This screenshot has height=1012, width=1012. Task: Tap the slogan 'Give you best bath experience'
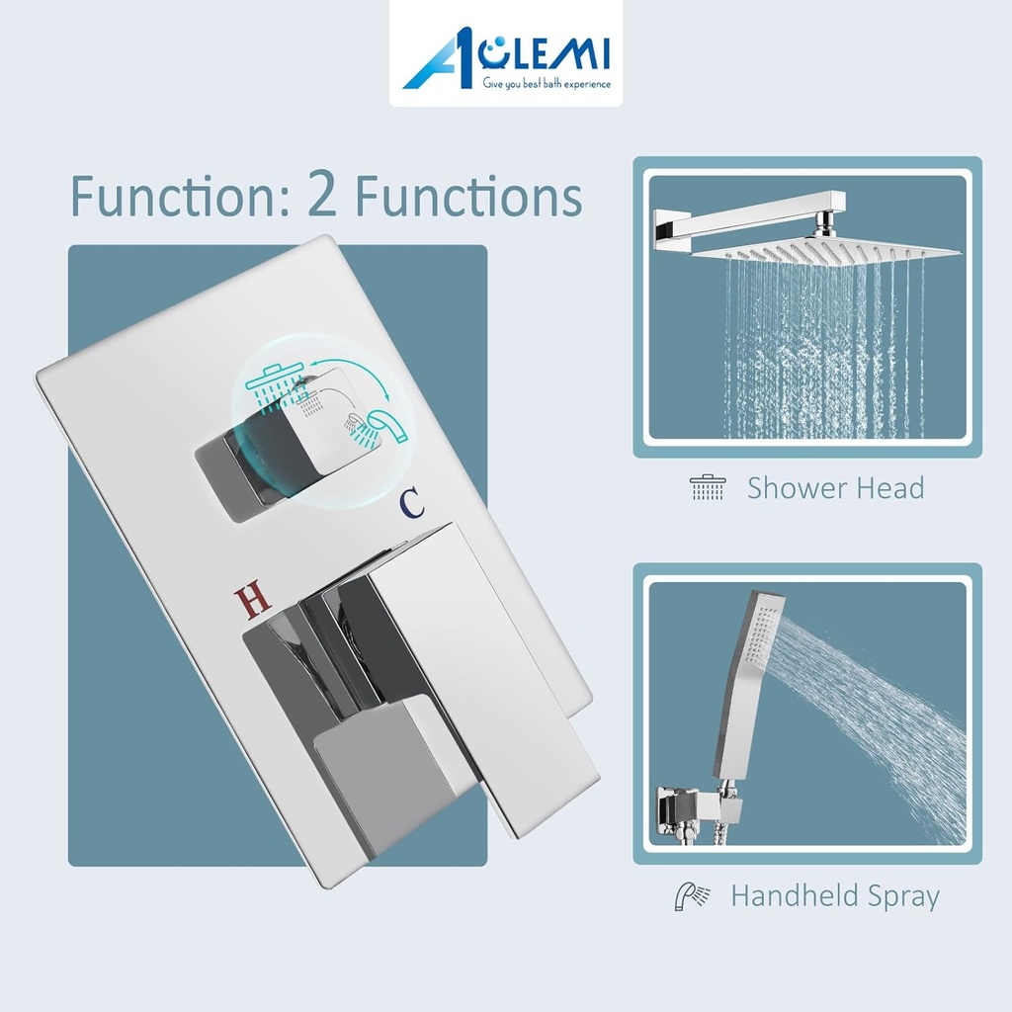point(547,85)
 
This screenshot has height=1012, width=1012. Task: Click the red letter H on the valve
point(252,598)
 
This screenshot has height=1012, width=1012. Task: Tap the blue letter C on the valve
point(412,502)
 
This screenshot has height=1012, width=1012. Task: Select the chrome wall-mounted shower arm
point(741,212)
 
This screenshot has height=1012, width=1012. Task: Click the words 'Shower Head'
point(835,487)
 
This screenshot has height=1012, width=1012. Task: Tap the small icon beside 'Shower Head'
point(708,487)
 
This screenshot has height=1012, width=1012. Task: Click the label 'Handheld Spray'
point(835,896)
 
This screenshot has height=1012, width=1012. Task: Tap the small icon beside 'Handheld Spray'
point(692,896)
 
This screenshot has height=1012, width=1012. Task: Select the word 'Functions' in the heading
point(468,196)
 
